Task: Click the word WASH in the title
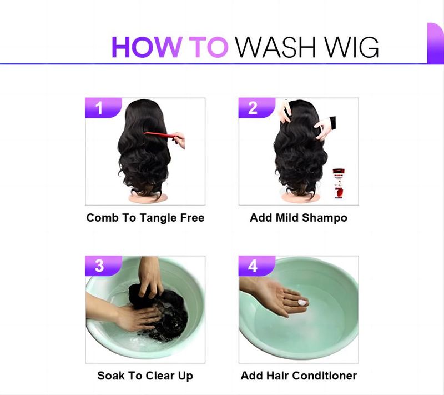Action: coord(275,47)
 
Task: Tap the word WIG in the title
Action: coord(351,47)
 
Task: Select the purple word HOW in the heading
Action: coord(147,47)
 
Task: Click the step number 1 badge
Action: coord(103,108)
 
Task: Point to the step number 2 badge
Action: coord(257,108)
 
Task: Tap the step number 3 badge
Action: coord(103,266)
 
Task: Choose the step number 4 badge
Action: coord(257,266)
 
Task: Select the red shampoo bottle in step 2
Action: coord(339,183)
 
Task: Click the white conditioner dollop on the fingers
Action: coord(302,303)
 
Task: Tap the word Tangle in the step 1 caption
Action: coord(157,218)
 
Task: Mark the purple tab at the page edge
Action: coord(435,43)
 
